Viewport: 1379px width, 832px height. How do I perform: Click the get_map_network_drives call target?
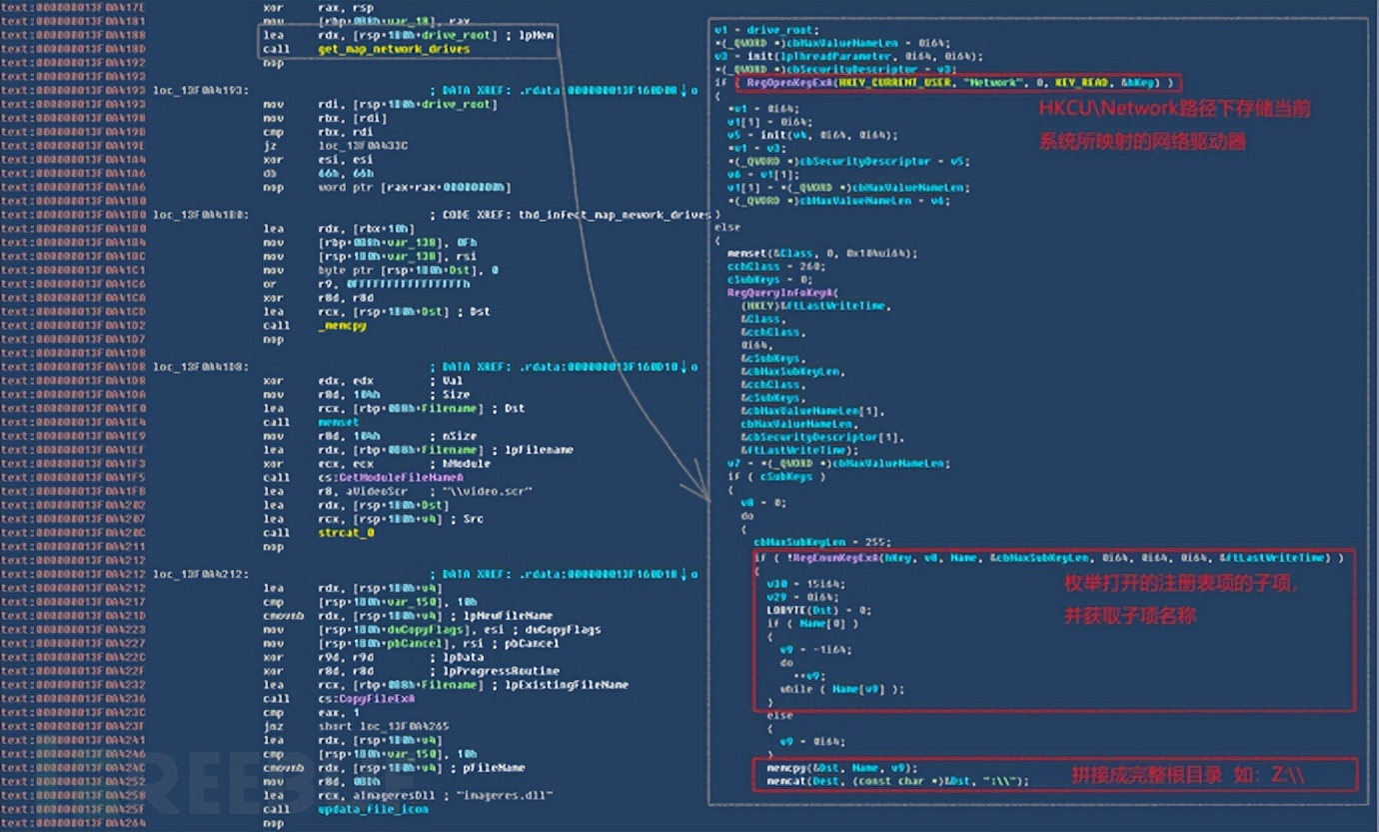pyautogui.click(x=394, y=49)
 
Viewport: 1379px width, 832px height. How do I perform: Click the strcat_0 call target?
pyautogui.click(x=346, y=533)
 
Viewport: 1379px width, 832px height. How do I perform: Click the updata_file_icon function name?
pyautogui.click(x=373, y=808)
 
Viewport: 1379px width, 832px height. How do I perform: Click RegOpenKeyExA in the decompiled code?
pyautogui.click(x=785, y=82)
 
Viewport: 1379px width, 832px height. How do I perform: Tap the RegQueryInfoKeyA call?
pyautogui.click(x=766, y=293)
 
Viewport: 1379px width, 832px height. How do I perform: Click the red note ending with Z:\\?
pyautogui.click(x=1188, y=775)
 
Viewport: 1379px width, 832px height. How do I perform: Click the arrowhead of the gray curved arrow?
pyautogui.click(x=689, y=491)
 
